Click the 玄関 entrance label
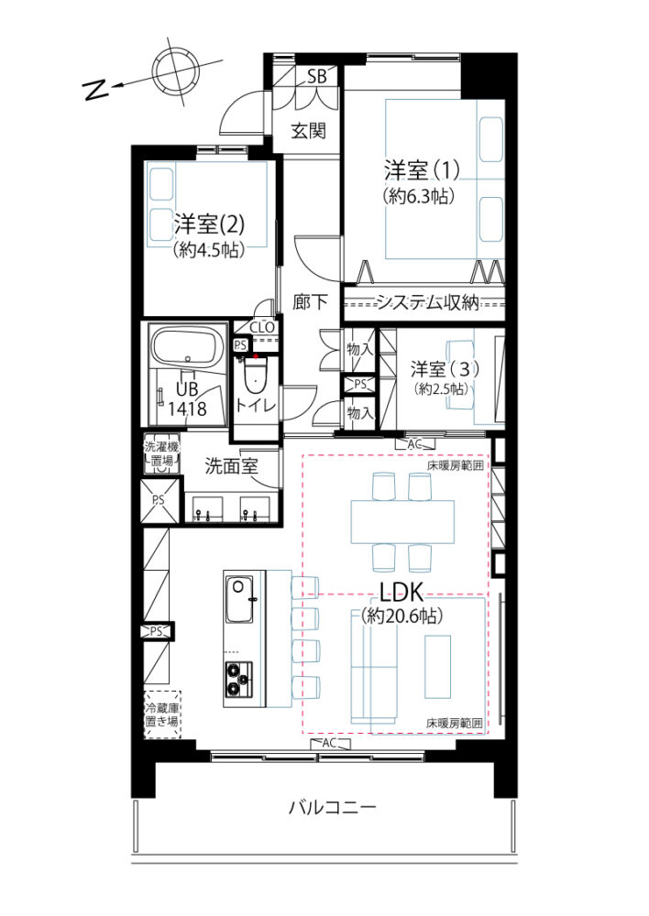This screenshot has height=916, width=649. pyautogui.click(x=308, y=131)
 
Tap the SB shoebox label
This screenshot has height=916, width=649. pyautogui.click(x=316, y=76)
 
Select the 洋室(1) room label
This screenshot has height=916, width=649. pyautogui.click(x=422, y=170)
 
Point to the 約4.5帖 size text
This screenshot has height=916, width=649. pyautogui.click(x=209, y=250)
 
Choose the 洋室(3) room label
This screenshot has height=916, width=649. pyautogui.click(x=445, y=369)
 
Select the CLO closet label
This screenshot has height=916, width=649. pyautogui.click(x=261, y=328)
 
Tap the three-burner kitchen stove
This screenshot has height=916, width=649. pyautogui.click(x=239, y=680)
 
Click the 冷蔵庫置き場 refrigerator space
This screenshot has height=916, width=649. pyautogui.click(x=162, y=715)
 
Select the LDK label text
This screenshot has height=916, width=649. pyautogui.click(x=401, y=593)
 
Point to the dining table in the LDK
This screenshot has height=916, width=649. pyautogui.click(x=402, y=522)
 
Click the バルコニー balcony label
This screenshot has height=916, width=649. pyautogui.click(x=333, y=808)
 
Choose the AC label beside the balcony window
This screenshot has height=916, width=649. pyautogui.click(x=329, y=743)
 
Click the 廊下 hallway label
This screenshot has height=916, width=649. pyautogui.click(x=310, y=302)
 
